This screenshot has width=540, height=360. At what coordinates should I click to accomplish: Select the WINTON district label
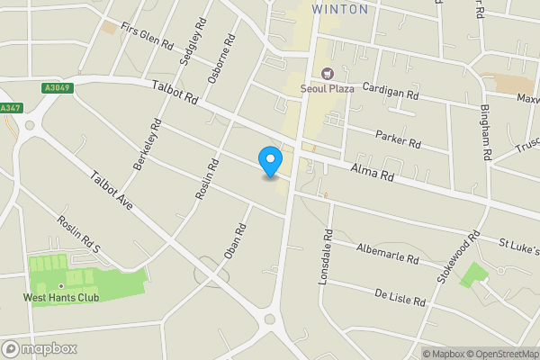click(339, 9)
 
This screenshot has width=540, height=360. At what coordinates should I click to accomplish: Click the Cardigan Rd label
click(391, 91)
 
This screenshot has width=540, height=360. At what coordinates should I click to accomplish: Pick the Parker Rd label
click(397, 138)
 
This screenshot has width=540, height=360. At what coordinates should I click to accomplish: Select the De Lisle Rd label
click(399, 297)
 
